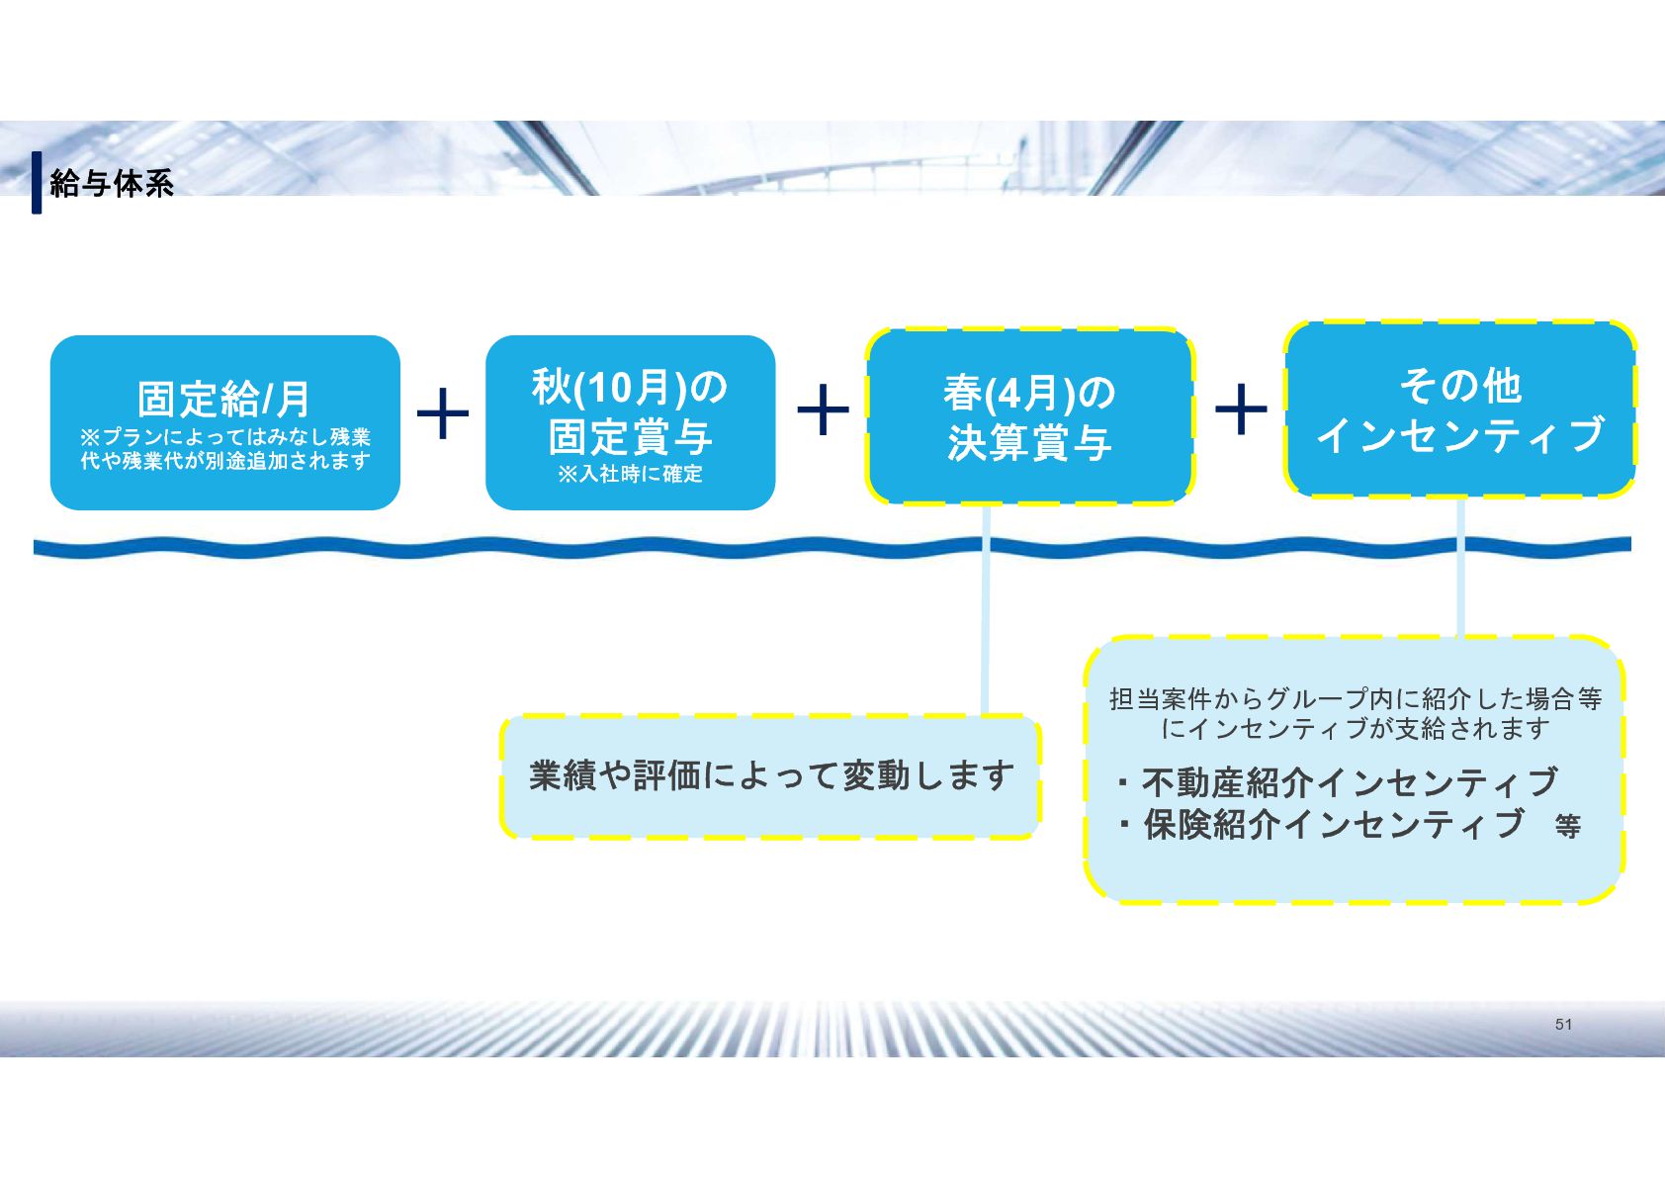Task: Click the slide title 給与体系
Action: (x=112, y=183)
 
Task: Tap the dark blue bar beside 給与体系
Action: (x=37, y=182)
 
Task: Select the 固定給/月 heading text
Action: (x=224, y=399)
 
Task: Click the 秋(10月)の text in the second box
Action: (x=630, y=387)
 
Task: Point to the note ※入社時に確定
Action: (x=630, y=474)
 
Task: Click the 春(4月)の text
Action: (x=1029, y=393)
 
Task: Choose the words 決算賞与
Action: (x=1029, y=442)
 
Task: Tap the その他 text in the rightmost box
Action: (x=1459, y=385)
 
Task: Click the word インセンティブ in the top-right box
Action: (x=1459, y=434)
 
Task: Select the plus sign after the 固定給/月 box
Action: (x=443, y=412)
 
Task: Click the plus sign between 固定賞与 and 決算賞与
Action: (x=823, y=409)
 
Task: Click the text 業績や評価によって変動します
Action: (x=771, y=775)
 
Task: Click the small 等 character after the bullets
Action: (x=1567, y=826)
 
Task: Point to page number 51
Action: (x=1563, y=1025)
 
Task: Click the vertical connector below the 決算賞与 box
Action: (x=986, y=633)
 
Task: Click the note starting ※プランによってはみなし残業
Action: (x=224, y=448)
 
